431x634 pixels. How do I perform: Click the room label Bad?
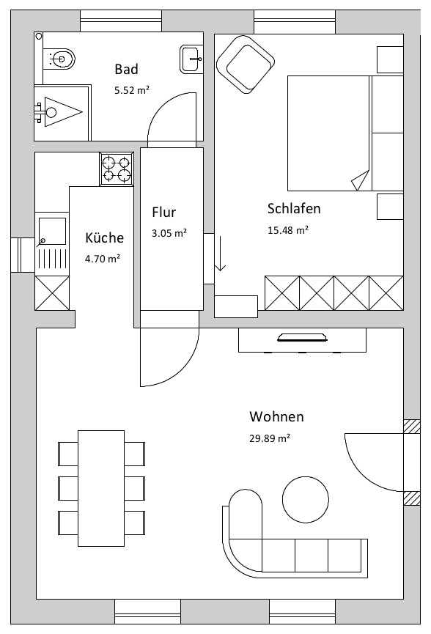[126, 69]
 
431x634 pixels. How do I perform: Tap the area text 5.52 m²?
[132, 90]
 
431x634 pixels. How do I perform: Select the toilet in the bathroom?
[62, 59]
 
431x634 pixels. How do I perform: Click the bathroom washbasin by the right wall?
[191, 59]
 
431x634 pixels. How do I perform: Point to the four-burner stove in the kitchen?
[117, 169]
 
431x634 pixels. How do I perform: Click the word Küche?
[104, 237]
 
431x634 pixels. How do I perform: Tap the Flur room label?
[163, 213]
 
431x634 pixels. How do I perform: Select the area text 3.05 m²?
[169, 233]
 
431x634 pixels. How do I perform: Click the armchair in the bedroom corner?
[246, 64]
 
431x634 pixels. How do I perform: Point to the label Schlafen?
[294, 209]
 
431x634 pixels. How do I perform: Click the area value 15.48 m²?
[288, 230]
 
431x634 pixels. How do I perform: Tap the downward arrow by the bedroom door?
[220, 253]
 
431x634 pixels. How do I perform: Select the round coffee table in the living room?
[305, 499]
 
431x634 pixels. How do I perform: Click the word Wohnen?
[276, 416]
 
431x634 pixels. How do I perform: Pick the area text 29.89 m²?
[270, 438]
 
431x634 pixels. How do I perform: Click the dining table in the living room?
[101, 488]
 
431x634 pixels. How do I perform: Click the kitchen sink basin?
[52, 232]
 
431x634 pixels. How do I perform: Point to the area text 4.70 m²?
[103, 259]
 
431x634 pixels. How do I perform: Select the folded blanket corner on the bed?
[361, 180]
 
